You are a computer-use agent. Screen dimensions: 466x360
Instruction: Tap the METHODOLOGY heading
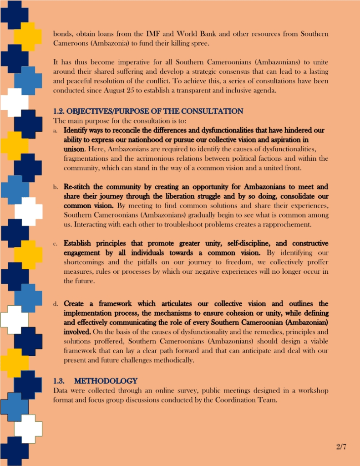[106, 380]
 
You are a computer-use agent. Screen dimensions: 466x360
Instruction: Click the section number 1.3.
[61, 380]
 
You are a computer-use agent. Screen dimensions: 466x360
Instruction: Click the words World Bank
[209, 34]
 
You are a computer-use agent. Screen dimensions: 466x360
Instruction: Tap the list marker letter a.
[55, 131]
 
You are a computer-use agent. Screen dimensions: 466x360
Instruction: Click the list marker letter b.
[55, 187]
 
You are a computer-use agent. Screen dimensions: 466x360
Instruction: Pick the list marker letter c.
[55, 244]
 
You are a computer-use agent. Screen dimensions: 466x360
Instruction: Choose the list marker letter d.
[55, 304]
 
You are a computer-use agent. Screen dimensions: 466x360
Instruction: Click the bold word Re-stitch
[77, 187]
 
